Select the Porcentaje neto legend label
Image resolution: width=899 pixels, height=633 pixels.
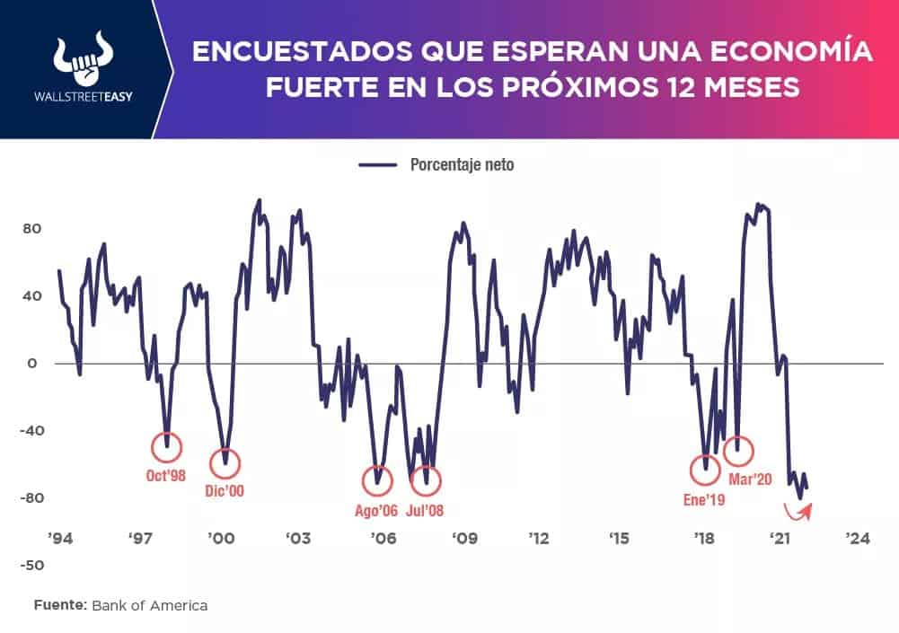point(462,165)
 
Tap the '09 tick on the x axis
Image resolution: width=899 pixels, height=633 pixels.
point(463,539)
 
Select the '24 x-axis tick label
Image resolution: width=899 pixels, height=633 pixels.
point(856,539)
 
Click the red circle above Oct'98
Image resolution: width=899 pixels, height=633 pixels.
point(166,445)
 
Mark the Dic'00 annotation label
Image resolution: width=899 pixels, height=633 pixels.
point(225,491)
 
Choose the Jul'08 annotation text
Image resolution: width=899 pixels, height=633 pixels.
point(425,511)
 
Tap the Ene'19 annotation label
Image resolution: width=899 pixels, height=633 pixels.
point(702,499)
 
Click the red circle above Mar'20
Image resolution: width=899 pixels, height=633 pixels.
point(738,450)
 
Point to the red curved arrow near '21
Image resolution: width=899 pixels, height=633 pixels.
point(798,512)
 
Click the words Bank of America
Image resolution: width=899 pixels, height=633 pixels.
point(149,605)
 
